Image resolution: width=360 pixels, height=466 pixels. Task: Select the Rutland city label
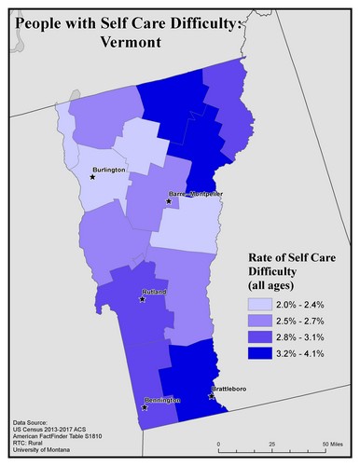point(155,293)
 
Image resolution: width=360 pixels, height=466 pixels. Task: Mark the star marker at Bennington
point(144,407)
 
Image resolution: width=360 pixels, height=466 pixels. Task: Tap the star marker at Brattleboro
point(212,395)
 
